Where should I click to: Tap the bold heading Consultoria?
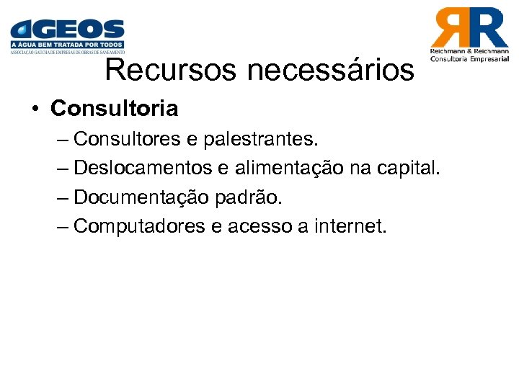point(114,109)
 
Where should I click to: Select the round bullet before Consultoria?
point(35,109)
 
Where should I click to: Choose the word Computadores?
point(140,226)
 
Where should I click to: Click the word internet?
point(350,226)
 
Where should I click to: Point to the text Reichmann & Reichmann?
point(469,52)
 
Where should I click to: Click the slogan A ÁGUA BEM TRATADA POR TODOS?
point(67,45)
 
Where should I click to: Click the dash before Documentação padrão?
point(63,197)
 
